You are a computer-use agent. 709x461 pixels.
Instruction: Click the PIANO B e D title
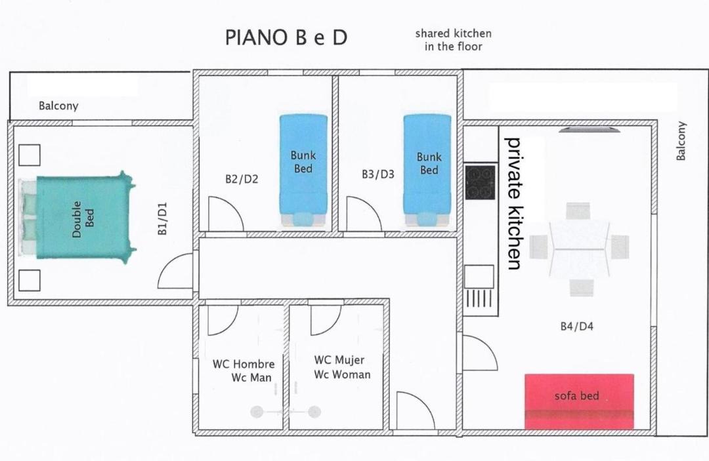tap(286, 37)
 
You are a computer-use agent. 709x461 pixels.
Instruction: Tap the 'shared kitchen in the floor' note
tap(454, 40)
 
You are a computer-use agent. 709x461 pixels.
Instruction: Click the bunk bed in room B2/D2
tap(303, 170)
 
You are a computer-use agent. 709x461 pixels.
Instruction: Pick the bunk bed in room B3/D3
tap(427, 170)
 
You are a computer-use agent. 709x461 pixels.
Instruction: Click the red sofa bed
tap(579, 401)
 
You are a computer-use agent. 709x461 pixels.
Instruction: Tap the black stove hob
tap(480, 182)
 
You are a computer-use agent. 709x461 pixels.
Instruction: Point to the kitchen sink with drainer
tap(479, 287)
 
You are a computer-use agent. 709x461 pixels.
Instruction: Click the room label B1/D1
tap(162, 218)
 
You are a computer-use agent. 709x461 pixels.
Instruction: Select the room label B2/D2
tap(242, 179)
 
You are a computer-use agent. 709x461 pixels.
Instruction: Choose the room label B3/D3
tap(378, 174)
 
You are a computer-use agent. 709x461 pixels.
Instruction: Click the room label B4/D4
tap(576, 326)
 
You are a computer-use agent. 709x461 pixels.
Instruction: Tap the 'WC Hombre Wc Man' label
tap(244, 371)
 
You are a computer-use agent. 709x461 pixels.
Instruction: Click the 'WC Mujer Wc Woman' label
tap(342, 367)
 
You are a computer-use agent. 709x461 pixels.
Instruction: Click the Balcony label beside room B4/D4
tap(681, 140)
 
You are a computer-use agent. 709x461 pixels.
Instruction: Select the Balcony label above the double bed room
tap(58, 106)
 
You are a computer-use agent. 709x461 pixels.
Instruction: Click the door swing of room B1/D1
tap(175, 271)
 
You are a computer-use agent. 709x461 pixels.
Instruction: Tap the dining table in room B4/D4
tap(579, 249)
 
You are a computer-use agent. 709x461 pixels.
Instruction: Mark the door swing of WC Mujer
tap(326, 320)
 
